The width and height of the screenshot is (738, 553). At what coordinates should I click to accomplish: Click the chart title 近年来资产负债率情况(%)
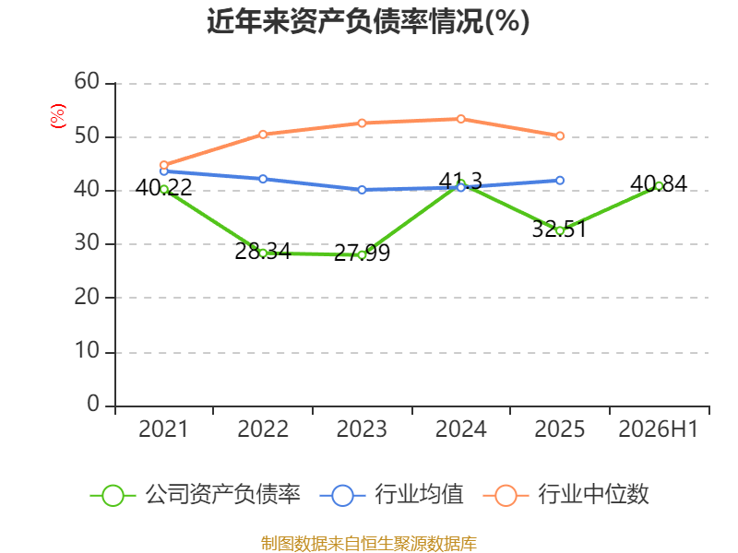coord(368,21)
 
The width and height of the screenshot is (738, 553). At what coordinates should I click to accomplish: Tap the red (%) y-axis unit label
coord(58,116)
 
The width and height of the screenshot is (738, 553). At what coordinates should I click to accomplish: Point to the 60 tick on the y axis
coord(87,81)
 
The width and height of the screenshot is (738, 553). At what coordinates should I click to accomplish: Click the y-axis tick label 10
coord(87,351)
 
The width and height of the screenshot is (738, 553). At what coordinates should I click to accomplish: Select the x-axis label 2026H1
coord(658,429)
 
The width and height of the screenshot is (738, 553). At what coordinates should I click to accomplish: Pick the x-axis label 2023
coord(362,429)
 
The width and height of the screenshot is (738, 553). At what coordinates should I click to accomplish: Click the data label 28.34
coord(263,251)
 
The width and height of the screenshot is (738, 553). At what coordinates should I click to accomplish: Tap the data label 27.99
coord(362,253)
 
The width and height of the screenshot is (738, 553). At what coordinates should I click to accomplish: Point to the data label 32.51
coord(559,229)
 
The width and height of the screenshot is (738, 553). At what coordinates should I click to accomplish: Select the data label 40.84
coord(659,183)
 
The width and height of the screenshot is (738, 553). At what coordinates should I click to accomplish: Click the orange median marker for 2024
coord(460,119)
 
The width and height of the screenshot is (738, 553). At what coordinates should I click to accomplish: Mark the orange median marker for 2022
coord(263,135)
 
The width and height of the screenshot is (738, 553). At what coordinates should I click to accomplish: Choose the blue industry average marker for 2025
coord(560,181)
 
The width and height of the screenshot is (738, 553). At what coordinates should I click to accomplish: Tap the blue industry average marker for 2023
coord(362,190)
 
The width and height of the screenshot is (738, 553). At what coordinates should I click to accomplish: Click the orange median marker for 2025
coord(560,135)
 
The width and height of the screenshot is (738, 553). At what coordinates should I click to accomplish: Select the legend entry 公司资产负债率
coord(195,495)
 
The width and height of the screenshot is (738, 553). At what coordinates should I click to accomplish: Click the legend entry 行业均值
coord(391,495)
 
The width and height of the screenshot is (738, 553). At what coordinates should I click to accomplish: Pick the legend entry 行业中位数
coord(565,495)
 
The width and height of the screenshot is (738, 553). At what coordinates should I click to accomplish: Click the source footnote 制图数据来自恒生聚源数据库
coord(368,543)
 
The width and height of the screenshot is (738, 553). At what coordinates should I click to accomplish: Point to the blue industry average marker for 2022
coord(263,179)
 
